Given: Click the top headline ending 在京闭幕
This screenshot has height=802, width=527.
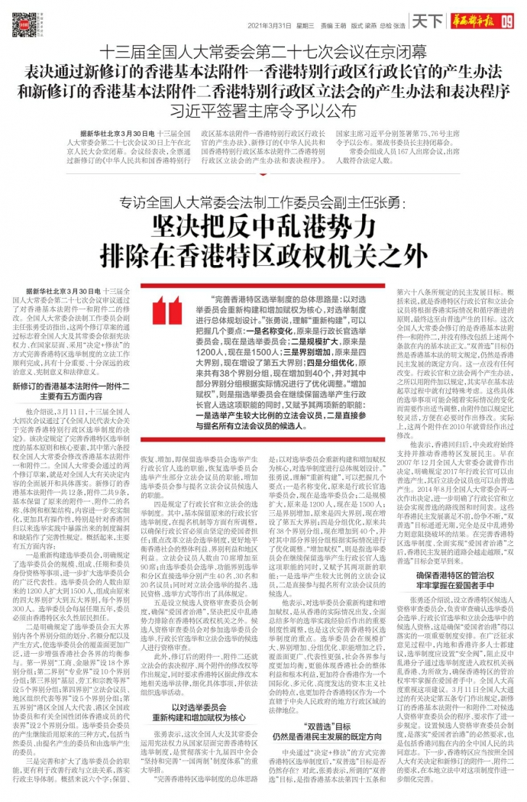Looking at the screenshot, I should point(263,54).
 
